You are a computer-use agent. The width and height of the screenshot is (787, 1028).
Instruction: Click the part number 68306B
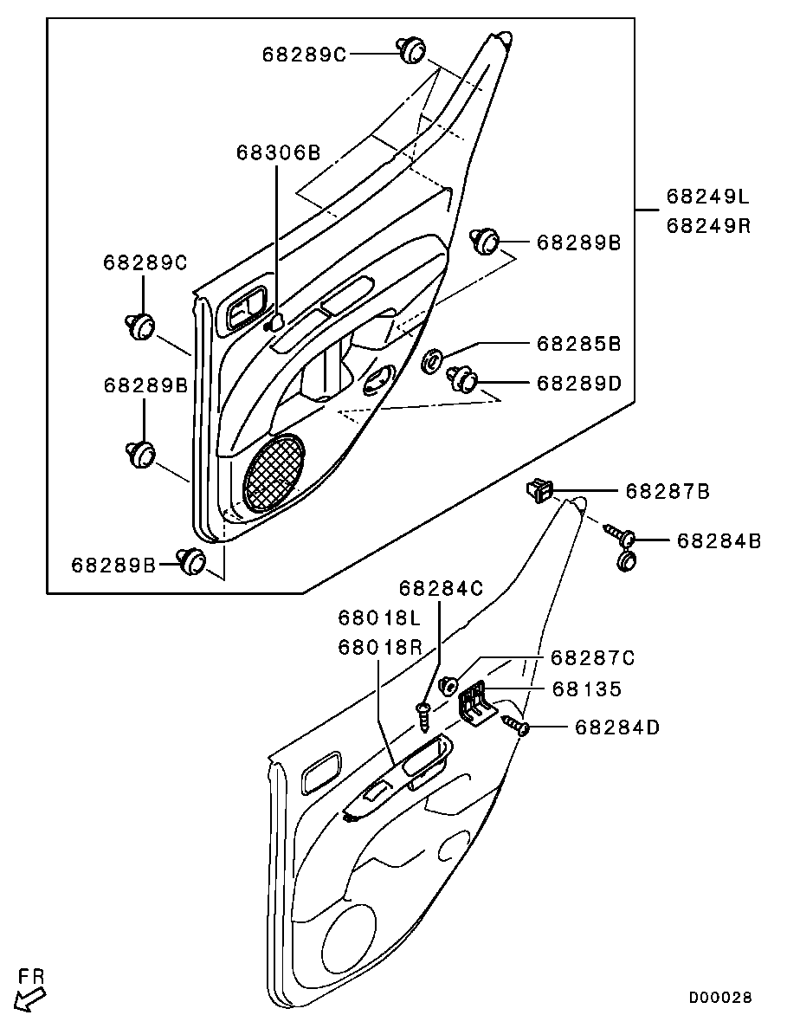[279, 152]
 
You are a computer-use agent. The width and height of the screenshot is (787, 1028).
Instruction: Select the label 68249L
[707, 196]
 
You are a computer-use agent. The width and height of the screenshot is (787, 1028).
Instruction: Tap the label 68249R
[707, 225]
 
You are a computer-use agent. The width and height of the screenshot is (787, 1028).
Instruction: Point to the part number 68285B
[578, 344]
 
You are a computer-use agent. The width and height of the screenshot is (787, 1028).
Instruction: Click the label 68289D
[578, 383]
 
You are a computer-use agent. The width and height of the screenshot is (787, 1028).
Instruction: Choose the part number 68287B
[668, 491]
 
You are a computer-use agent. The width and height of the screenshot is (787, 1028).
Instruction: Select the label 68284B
[719, 540]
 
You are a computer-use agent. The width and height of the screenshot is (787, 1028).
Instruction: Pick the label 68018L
[379, 617]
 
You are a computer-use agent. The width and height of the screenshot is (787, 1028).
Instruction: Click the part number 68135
[587, 689]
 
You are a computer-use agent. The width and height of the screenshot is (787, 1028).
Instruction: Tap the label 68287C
[593, 657]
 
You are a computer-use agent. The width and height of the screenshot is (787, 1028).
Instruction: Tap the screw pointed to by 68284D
[516, 725]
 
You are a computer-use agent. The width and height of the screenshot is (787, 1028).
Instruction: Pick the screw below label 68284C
[423, 716]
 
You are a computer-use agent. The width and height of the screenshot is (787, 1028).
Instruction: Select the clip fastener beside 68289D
[462, 379]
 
